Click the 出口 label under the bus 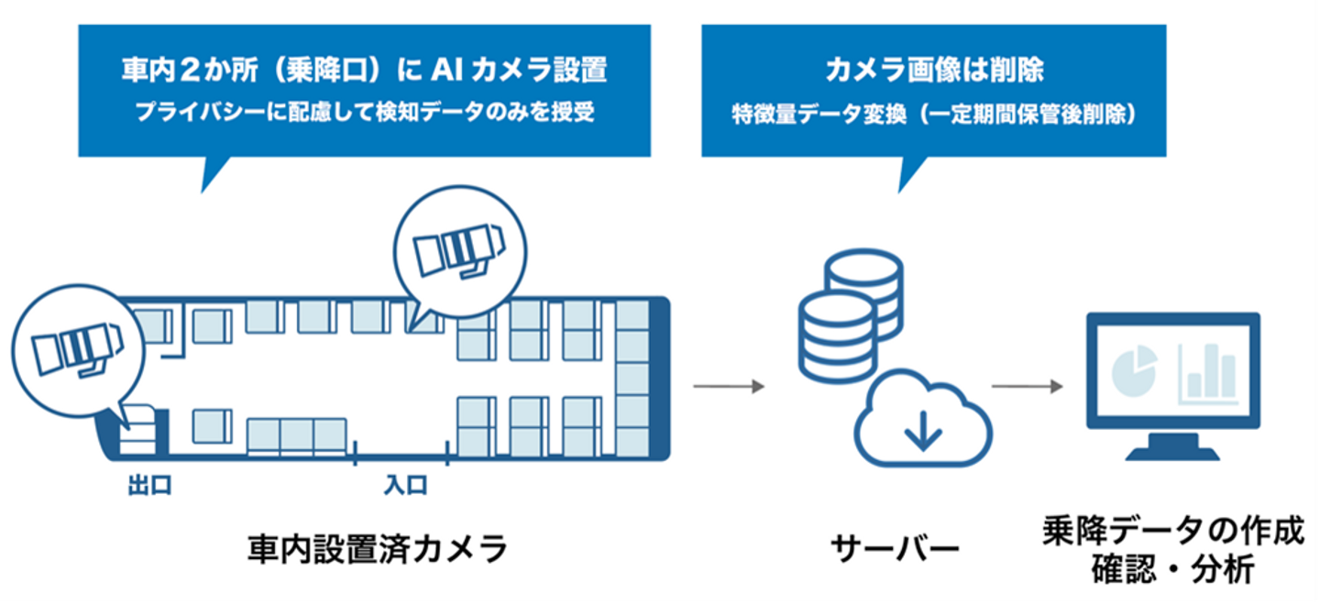(x=149, y=485)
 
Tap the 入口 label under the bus (x=404, y=485)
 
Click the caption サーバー (x=895, y=549)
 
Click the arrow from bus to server (x=728, y=387)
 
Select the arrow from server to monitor (x=1027, y=387)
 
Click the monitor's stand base (x=1171, y=454)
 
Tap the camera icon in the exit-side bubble (x=75, y=351)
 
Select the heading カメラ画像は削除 (x=934, y=71)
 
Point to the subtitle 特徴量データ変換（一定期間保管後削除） (x=934, y=115)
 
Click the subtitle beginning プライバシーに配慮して (x=364, y=113)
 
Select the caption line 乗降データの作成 (x=1172, y=533)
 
